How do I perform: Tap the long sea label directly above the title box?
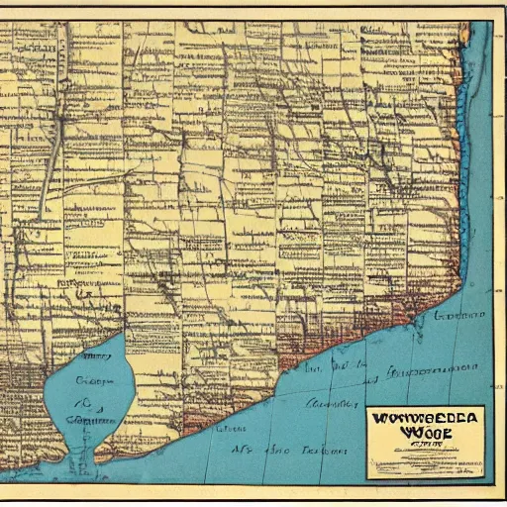coord(426,374)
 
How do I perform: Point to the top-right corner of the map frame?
coord(492,22)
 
